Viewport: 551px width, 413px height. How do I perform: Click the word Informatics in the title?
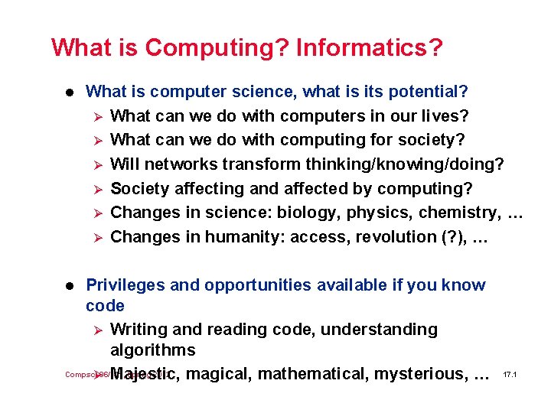coord(368,48)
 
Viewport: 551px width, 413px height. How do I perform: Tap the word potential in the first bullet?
coord(427,93)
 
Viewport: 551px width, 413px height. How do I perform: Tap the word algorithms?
coord(153,350)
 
